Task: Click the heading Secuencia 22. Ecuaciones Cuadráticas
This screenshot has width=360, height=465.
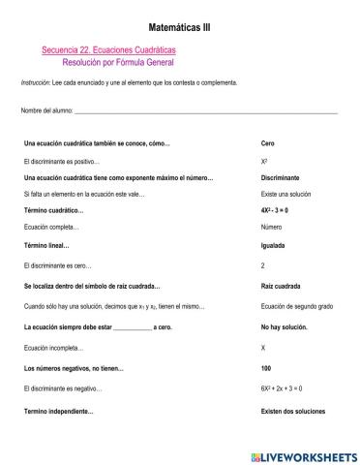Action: pyautogui.click(x=109, y=49)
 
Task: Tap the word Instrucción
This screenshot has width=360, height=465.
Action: pyautogui.click(x=35, y=82)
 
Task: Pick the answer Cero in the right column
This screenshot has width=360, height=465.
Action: pyautogui.click(x=268, y=142)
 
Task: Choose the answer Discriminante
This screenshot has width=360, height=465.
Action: pyautogui.click(x=280, y=178)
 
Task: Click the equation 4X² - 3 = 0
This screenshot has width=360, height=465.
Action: pyautogui.click(x=280, y=209)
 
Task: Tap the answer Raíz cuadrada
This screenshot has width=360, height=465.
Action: pyautogui.click(x=280, y=287)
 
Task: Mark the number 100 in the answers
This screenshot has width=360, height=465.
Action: pyautogui.click(x=266, y=369)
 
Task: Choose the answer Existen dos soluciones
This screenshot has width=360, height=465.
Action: pyautogui.click(x=295, y=412)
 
